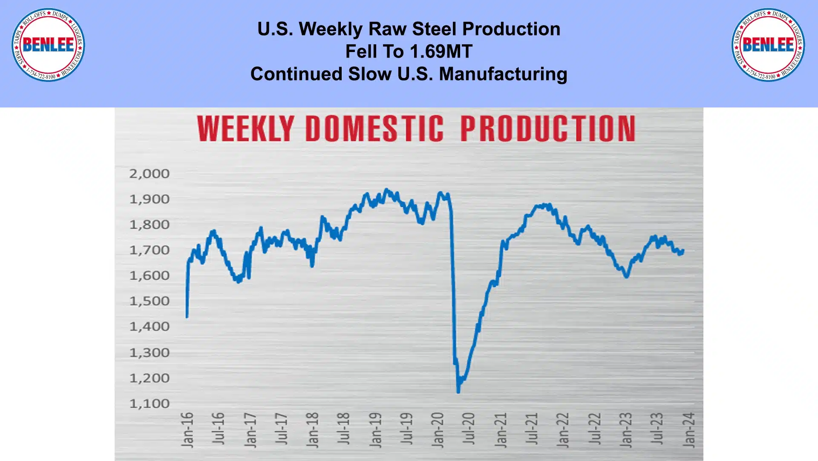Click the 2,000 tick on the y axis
click(149, 174)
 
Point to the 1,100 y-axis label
click(149, 403)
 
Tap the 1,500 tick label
click(149, 301)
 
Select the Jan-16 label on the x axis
click(187, 430)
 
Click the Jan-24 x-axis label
click(688, 430)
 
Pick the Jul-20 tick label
click(469, 429)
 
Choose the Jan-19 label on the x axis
click(375, 430)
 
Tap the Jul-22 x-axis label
click(594, 429)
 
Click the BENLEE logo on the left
click(48, 45)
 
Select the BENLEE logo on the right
click(768, 45)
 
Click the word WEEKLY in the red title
click(245, 128)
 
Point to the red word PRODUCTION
click(548, 128)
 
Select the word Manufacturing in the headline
click(503, 74)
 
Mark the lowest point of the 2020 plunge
click(458, 391)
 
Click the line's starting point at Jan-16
click(187, 317)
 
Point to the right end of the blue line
click(683, 250)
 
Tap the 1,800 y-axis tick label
click(149, 225)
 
